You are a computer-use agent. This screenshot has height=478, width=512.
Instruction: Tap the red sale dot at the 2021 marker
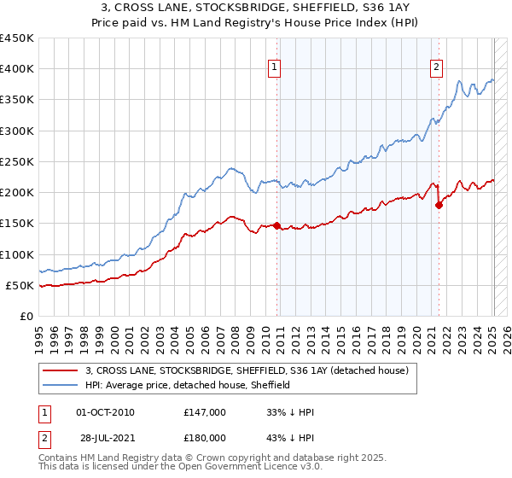coord(439,205)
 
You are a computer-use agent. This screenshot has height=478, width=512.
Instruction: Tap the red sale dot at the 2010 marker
coord(276,225)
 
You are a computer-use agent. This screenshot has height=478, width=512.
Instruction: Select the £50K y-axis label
coord(20,286)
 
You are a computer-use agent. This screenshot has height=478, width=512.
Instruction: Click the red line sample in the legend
coord(61,370)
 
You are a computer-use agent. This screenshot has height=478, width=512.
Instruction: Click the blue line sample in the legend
coord(61,385)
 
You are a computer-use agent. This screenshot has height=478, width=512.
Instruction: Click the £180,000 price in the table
coord(205,437)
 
